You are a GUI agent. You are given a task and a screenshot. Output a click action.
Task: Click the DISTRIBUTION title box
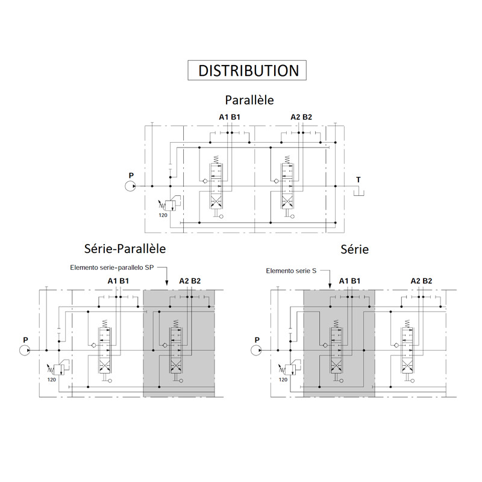[x=247, y=70]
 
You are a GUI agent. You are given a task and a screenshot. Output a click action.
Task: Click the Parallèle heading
[x=249, y=100]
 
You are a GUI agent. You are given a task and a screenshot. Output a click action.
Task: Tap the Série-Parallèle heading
[x=125, y=249]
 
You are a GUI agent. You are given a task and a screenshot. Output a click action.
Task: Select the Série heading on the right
[x=354, y=249]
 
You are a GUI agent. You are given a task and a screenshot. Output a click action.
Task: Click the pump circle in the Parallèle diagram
[x=130, y=186]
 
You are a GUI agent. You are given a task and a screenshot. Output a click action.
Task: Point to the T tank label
[x=358, y=180]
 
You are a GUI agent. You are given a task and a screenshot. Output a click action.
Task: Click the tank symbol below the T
[x=358, y=193]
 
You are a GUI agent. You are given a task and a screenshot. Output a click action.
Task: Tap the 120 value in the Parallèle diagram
[x=163, y=215]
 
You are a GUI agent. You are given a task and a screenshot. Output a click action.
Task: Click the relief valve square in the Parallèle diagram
[x=170, y=205]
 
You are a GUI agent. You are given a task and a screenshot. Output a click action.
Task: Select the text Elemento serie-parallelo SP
[x=112, y=268]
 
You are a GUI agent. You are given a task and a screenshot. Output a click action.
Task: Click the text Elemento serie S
[x=291, y=271]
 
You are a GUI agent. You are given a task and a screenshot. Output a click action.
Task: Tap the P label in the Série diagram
[x=257, y=340]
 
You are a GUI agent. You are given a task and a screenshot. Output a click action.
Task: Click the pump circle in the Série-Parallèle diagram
[x=25, y=351]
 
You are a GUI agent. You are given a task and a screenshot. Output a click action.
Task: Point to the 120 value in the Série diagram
[x=283, y=380]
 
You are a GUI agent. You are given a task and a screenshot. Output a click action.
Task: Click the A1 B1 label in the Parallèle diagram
[x=230, y=117]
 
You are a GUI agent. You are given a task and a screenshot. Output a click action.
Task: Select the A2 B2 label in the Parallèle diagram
[x=301, y=117]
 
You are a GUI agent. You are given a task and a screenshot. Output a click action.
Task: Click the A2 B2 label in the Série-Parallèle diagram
[x=190, y=281]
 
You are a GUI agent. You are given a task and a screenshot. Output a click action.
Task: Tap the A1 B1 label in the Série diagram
[x=349, y=281]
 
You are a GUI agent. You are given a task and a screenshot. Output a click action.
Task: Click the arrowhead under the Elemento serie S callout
[x=330, y=286]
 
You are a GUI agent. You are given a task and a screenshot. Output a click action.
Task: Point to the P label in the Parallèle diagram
[x=131, y=175]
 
